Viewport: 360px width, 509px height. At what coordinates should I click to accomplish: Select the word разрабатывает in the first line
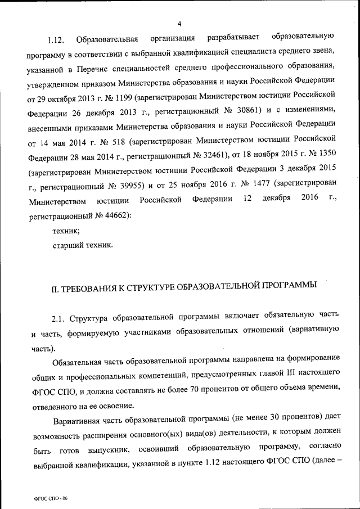233,38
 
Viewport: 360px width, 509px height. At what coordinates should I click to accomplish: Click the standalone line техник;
66,230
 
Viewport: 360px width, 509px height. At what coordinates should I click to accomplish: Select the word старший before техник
69,245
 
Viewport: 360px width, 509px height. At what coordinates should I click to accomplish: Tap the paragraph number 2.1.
59,319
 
